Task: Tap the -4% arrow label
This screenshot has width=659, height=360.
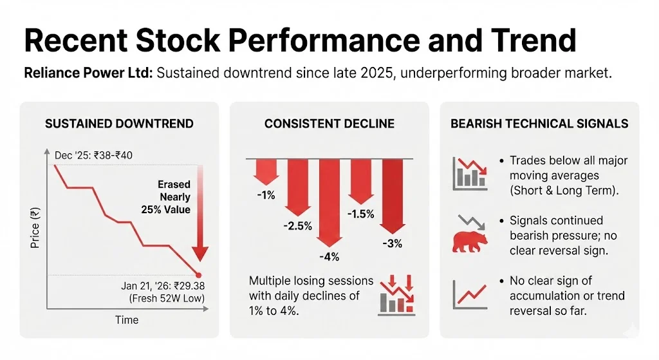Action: pyautogui.click(x=329, y=256)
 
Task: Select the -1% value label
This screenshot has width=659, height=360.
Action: pyautogui.click(x=265, y=194)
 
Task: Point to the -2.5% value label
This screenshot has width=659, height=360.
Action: pyautogui.click(x=298, y=225)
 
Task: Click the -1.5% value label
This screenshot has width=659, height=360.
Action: pyautogui.click(x=360, y=214)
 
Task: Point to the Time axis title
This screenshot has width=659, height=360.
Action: pyautogui.click(x=126, y=319)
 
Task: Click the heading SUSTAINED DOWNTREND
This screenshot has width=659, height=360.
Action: pyautogui.click(x=119, y=124)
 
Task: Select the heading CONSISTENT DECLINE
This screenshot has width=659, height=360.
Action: pyautogui.click(x=329, y=124)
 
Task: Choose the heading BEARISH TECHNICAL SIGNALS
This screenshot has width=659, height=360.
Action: pyautogui.click(x=539, y=124)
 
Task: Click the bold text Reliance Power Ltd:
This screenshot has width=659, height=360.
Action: pyautogui.click(x=88, y=73)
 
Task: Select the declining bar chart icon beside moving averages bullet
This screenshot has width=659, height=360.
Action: pyautogui.click(x=469, y=174)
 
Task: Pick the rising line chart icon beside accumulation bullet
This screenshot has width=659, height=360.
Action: pyautogui.click(x=469, y=294)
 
